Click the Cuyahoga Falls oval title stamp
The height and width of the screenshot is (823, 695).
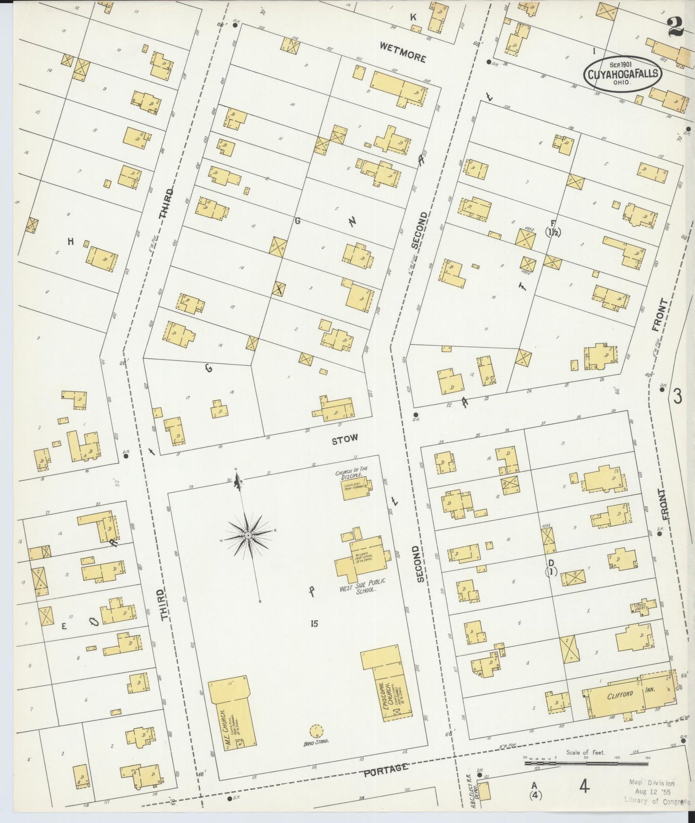coord(622,75)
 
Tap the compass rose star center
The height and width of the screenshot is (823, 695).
coord(248,535)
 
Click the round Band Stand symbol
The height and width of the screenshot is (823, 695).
coord(316,731)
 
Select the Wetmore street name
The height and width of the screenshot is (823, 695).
coord(403,52)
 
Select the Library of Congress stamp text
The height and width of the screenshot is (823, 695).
coord(657,801)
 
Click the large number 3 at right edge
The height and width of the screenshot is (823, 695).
coord(677,396)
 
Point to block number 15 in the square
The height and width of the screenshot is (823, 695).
coord(314,624)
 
